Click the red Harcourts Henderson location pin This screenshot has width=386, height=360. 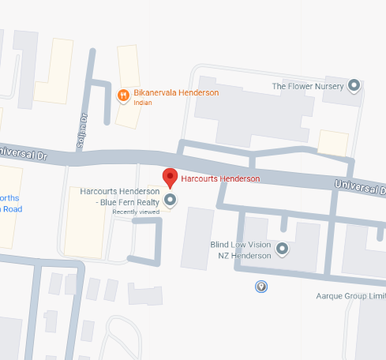pyautogui.click(x=170, y=178)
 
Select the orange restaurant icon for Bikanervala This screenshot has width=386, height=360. pyautogui.click(x=123, y=96)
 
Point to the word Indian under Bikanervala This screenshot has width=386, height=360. pyautogui.click(x=143, y=103)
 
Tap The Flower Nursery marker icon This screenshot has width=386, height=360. pyautogui.click(x=354, y=85)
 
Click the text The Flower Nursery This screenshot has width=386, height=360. pyautogui.click(x=308, y=85)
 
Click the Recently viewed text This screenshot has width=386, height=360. pyautogui.click(x=136, y=212)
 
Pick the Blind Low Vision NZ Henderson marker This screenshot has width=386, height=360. pyautogui.click(x=283, y=249)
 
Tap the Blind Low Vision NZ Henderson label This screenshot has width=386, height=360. pyautogui.click(x=241, y=249)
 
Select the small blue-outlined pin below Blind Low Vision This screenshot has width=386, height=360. pyautogui.click(x=261, y=286)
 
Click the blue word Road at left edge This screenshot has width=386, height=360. pyautogui.click(x=10, y=209)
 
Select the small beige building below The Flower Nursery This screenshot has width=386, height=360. pyautogui.click(x=332, y=142)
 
